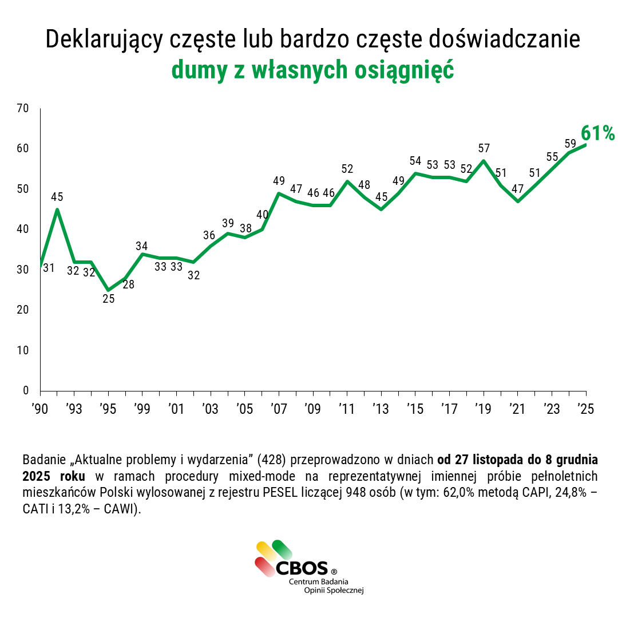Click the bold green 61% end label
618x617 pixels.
[597, 133]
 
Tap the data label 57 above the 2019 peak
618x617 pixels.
[484, 148]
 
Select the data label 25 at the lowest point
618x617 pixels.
[108, 298]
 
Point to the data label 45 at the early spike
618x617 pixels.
[57, 197]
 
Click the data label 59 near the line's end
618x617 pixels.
[570, 143]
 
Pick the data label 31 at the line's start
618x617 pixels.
[49, 267]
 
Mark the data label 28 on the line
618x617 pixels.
[128, 284]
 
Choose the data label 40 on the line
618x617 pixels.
[262, 215]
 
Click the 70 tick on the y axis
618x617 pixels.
[23, 108]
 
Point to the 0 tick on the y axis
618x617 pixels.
[26, 390]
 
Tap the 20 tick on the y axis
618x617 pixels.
[23, 310]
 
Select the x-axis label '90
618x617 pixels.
[39, 409]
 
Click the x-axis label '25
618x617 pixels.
[585, 409]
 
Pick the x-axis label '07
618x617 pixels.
[279, 409]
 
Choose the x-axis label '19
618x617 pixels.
[484, 409]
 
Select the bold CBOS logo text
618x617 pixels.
[302, 568]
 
